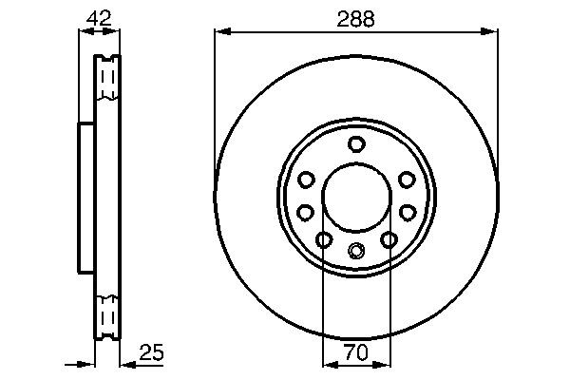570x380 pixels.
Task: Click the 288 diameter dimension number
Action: tap(356, 18)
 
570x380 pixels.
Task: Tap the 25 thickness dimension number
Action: tap(152, 352)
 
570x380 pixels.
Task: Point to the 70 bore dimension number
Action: tap(356, 352)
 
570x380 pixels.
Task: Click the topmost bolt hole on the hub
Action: tap(356, 144)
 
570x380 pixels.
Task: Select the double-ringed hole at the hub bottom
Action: tap(356, 251)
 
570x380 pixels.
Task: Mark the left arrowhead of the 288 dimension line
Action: tap(220, 32)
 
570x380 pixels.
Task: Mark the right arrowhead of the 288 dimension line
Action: tap(492, 32)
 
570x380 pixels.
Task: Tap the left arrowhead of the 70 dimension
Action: tap(328, 363)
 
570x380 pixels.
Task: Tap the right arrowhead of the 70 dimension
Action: tap(385, 363)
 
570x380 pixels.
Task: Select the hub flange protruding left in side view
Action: tap(85, 196)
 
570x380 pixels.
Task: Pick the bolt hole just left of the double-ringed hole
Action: tap(324, 240)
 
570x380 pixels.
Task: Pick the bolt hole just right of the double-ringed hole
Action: tap(389, 240)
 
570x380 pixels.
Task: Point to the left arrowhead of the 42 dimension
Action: tap(82, 32)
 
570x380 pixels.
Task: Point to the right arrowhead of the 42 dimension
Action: tap(115, 32)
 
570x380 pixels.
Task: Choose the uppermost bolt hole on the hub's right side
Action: tap(407, 180)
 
